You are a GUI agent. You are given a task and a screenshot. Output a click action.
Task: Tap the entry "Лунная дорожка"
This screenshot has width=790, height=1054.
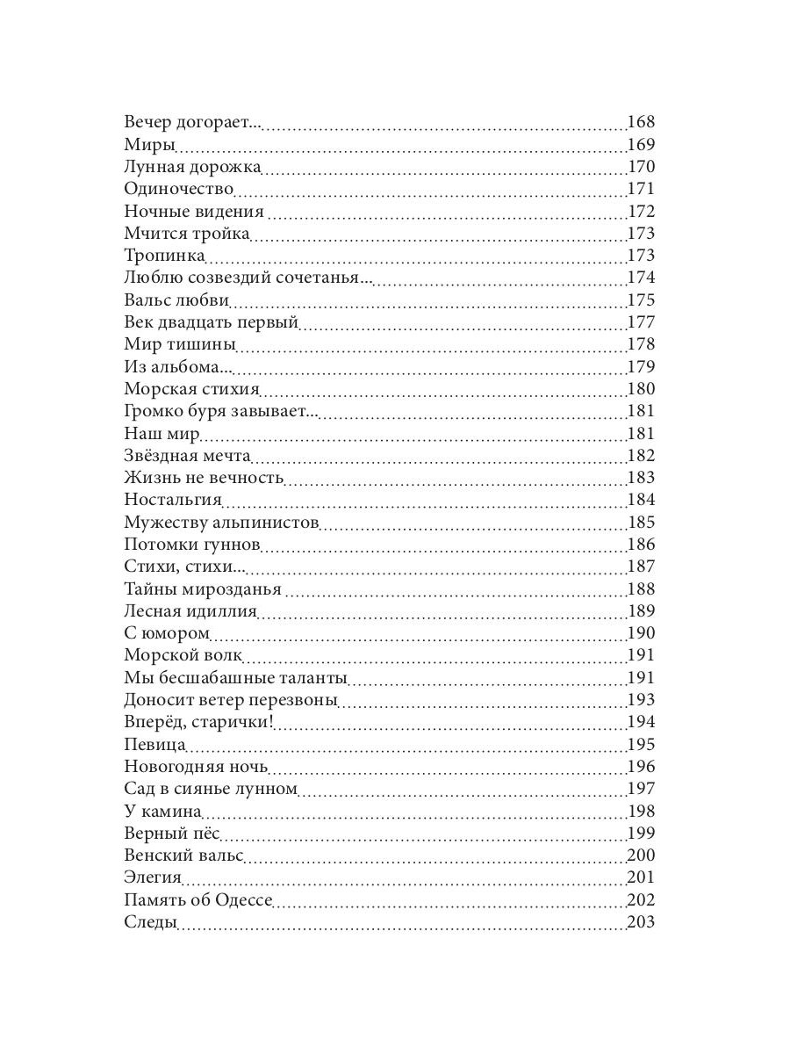(x=192, y=167)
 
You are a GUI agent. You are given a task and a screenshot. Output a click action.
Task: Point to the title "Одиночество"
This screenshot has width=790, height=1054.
(x=179, y=189)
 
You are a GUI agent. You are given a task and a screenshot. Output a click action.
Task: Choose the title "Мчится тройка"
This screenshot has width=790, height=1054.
(x=187, y=234)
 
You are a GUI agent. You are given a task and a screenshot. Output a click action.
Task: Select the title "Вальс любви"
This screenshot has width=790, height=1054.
(x=176, y=300)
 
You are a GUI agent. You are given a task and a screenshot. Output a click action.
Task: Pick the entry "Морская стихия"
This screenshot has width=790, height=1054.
(x=191, y=389)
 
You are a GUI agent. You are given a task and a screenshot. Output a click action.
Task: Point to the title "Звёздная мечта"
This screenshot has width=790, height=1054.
(x=188, y=456)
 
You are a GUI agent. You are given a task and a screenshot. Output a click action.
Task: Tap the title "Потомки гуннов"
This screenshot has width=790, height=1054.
(x=192, y=545)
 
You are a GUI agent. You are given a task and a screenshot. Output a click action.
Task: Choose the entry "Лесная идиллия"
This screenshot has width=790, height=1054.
(x=190, y=611)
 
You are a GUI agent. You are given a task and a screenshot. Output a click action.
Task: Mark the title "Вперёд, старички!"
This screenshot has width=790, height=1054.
(x=199, y=722)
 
